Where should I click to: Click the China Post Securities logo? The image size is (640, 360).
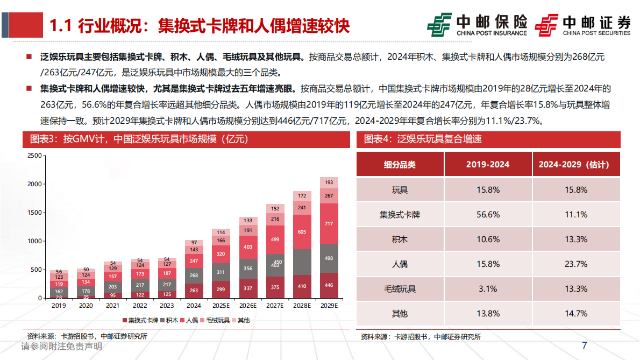point(582,25)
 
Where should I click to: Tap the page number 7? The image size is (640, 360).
point(585,345)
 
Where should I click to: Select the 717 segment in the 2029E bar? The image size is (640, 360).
point(329,223)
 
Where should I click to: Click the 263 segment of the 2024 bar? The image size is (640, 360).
point(194,291)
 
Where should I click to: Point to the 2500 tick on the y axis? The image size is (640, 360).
point(34,156)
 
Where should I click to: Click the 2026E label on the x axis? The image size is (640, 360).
point(248,305)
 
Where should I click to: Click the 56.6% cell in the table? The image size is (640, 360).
point(488,214)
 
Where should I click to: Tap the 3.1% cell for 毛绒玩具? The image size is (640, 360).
point(488,288)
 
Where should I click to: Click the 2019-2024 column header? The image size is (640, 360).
point(488,164)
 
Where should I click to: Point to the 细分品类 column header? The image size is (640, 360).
point(400,164)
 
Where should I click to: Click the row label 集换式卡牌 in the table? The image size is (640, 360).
point(400,214)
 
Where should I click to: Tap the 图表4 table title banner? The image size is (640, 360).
point(488,139)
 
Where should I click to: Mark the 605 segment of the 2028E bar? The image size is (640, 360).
point(302,231)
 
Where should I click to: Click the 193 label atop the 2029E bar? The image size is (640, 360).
point(329,183)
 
